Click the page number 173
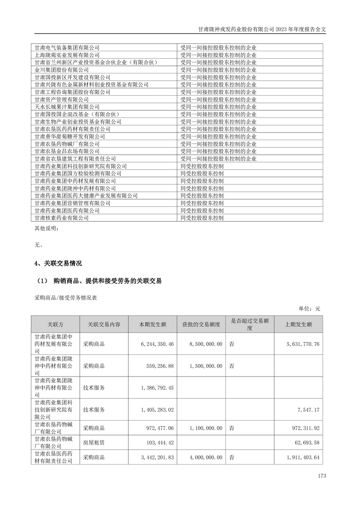coord(322,476)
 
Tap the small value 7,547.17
coord(307,410)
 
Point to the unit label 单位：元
coord(309,308)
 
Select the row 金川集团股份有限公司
coord(61,70)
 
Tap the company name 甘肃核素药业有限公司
coord(61,218)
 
